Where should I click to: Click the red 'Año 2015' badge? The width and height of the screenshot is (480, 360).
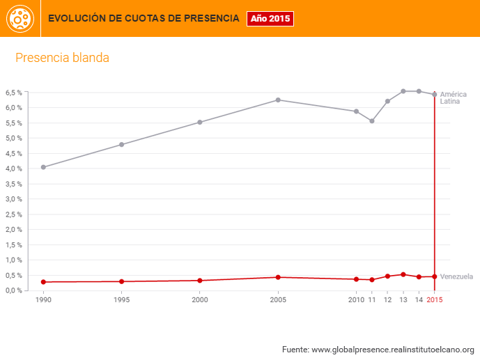270,19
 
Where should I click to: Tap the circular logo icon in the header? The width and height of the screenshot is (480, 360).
20,19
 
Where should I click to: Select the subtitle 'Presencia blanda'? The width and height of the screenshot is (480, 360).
62,58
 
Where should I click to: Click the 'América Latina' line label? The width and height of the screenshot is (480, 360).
454,98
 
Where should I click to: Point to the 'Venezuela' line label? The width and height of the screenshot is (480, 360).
457,276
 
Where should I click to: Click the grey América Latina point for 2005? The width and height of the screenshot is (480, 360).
278,100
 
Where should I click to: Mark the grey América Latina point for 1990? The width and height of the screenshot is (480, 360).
43,167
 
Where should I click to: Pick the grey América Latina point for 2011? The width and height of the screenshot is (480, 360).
372,121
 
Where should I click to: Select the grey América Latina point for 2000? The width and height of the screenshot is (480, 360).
200,123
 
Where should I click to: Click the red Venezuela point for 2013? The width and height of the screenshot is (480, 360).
403,274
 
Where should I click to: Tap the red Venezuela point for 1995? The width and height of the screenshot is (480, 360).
122,281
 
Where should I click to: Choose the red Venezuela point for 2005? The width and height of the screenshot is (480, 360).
278,277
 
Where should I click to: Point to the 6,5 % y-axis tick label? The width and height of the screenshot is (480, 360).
14,93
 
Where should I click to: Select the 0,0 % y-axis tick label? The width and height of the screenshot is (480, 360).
14,290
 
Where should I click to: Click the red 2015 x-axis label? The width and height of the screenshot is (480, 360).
434,300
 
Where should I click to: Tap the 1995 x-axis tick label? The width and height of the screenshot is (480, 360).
122,300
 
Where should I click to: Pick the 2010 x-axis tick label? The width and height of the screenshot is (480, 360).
356,300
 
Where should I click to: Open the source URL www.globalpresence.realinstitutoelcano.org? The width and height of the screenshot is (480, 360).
393,350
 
